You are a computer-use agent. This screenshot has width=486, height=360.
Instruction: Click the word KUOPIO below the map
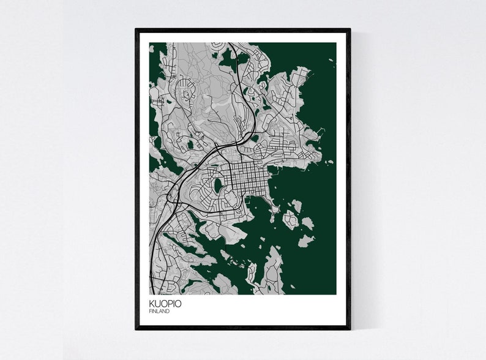[x=165, y=304]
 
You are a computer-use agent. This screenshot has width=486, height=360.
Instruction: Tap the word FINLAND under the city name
[x=159, y=312]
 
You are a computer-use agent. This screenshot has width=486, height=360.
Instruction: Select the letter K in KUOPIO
[x=151, y=304]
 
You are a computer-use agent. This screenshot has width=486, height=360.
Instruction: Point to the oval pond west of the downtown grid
[x=216, y=184]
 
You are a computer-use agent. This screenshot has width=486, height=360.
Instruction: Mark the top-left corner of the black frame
[x=136, y=29]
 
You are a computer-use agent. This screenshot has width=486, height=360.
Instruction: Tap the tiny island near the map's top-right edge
[x=331, y=60]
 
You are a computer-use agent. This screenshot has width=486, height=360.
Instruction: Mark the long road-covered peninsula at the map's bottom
[x=270, y=270]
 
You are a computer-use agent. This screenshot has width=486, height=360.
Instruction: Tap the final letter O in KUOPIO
[x=178, y=304]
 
